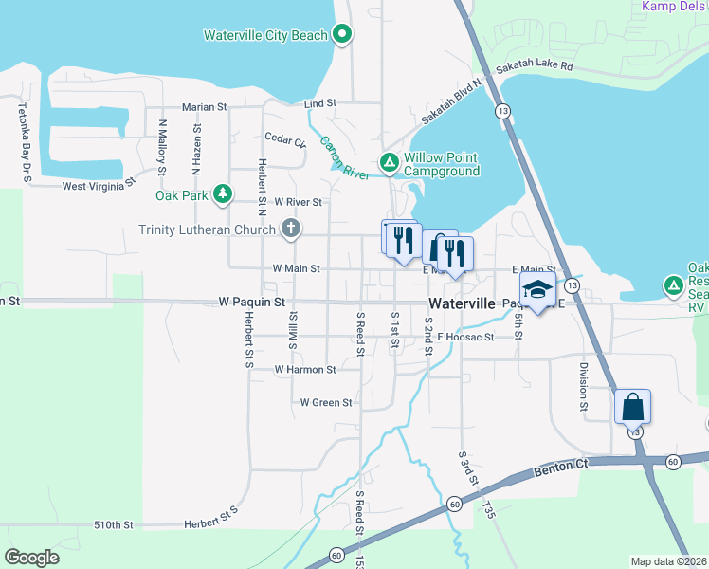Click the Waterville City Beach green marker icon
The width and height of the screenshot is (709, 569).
point(343,35)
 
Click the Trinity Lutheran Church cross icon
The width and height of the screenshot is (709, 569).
point(291,229)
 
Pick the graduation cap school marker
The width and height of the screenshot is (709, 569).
point(537,291)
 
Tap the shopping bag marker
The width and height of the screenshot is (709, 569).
point(632,408)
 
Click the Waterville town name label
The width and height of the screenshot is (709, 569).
point(462,303)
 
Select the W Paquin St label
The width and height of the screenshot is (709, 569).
point(251,303)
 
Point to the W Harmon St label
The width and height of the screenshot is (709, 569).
point(304,369)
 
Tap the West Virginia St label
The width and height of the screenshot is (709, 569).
point(106,186)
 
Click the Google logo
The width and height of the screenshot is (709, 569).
point(31,558)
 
